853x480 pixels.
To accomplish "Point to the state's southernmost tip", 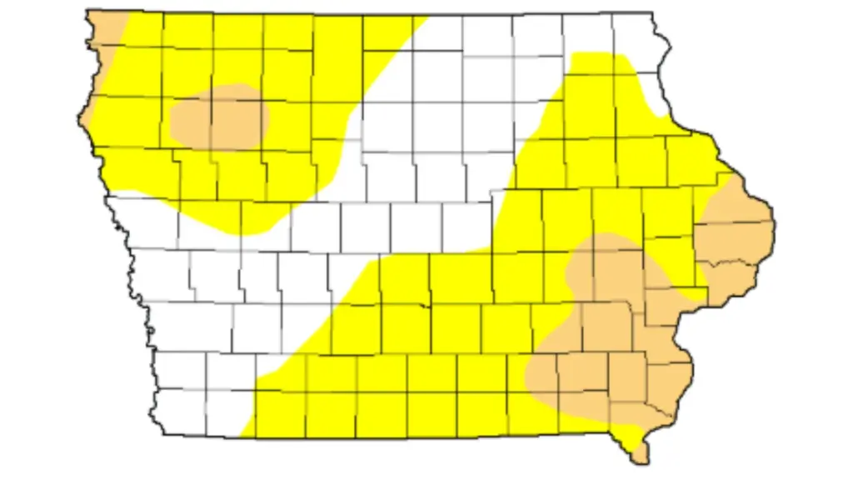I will coord(641,461).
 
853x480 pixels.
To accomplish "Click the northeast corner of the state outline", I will coord(651,13).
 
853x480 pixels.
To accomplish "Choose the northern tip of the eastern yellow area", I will coord(596,54).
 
